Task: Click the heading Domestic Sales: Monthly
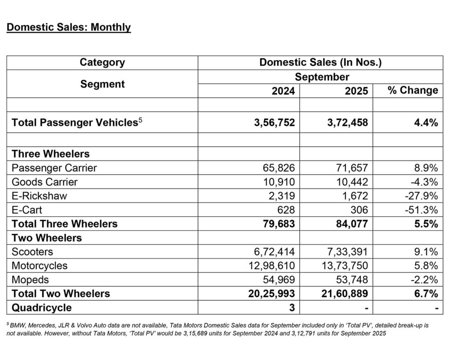click(69, 27)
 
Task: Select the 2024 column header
click(283, 91)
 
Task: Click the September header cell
click(322, 77)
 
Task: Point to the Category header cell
click(102, 62)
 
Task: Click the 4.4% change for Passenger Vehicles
click(426, 123)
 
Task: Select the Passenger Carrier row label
click(54, 167)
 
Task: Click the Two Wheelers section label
click(47, 238)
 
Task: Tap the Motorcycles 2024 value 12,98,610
click(272, 266)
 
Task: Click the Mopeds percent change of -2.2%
click(424, 280)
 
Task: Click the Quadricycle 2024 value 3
click(292, 308)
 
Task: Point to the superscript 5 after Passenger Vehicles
click(141, 120)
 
